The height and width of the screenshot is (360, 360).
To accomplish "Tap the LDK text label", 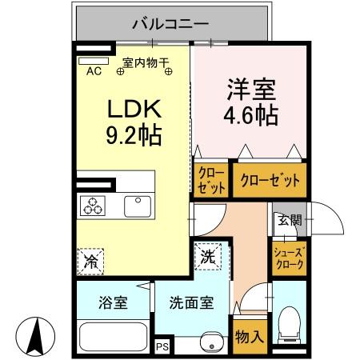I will [132, 109].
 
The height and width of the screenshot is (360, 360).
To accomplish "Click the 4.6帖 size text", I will [250, 115].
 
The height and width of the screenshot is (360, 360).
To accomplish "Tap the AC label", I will [93, 71].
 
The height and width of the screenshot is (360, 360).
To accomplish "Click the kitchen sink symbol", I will [138, 206].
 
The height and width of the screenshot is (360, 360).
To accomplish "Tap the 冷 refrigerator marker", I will [90, 260].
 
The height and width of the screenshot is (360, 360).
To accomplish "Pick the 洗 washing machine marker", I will [206, 258].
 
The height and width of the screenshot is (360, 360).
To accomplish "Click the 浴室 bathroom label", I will [113, 304].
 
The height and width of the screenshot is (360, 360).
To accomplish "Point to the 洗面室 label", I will [190, 304].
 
